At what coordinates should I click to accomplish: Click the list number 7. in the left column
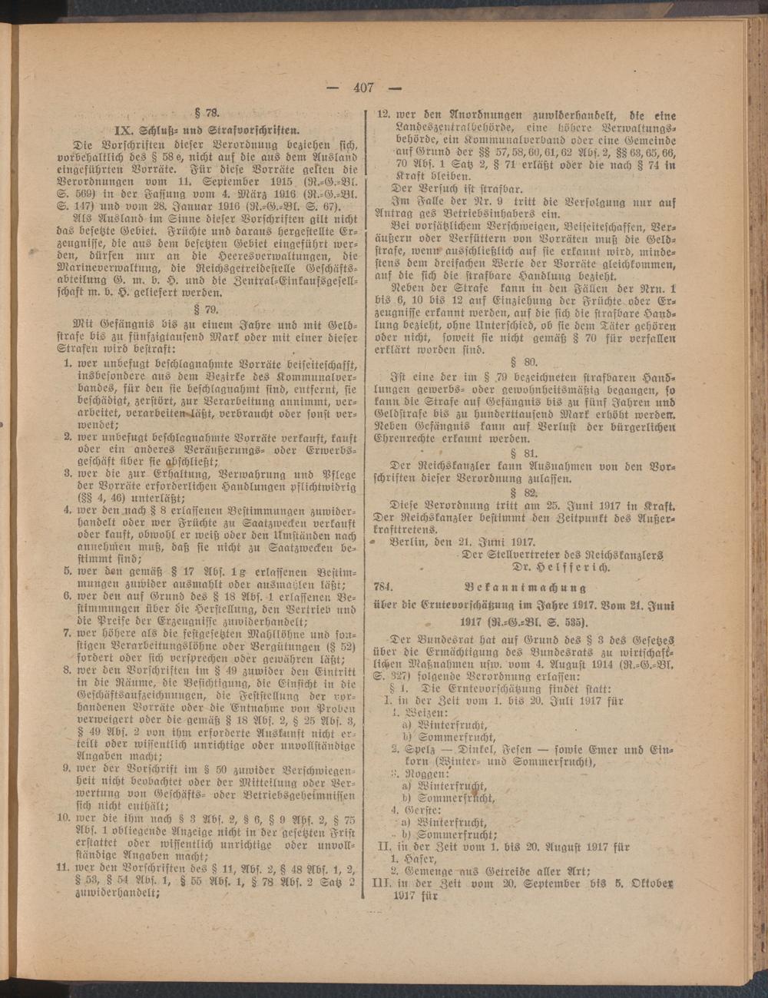(68, 634)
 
